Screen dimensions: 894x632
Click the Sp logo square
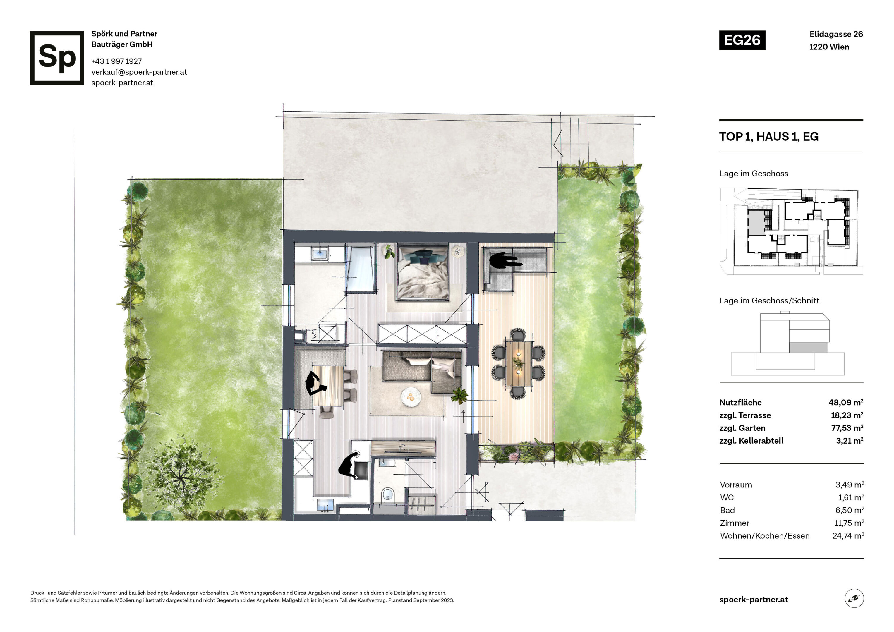(57, 58)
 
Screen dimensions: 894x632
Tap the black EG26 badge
(742, 40)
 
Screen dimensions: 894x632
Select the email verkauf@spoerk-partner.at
(139, 72)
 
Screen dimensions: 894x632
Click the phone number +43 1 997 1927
(116, 61)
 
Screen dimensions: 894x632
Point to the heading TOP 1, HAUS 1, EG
(769, 137)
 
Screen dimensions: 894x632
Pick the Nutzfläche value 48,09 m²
(846, 402)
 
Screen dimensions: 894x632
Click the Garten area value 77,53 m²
(847, 428)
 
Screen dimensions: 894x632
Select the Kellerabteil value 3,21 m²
(849, 441)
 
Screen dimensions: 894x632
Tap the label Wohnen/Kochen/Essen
(765, 536)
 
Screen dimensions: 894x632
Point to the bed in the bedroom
(423, 273)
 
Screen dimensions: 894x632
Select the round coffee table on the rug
(411, 397)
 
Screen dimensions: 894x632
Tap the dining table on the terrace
(518, 363)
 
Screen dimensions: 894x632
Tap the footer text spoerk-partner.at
(754, 600)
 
